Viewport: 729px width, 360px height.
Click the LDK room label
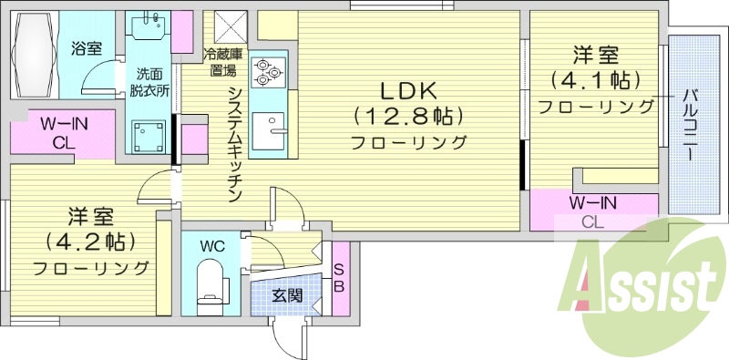[409, 92]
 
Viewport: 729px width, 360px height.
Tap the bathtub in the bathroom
[35, 55]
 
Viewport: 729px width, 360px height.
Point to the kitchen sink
[268, 131]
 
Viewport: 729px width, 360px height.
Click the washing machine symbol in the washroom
[149, 137]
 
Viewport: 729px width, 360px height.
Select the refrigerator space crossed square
[231, 26]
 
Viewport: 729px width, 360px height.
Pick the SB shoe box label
[339, 278]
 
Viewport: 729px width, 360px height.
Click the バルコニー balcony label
[690, 126]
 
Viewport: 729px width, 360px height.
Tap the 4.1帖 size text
[595, 81]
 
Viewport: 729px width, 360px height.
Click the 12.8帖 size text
[409, 116]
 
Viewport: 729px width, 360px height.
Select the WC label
[212, 246]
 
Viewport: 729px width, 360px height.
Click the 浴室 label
[87, 48]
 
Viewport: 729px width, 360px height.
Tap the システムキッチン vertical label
[234, 145]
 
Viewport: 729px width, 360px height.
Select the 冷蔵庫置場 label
[222, 62]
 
